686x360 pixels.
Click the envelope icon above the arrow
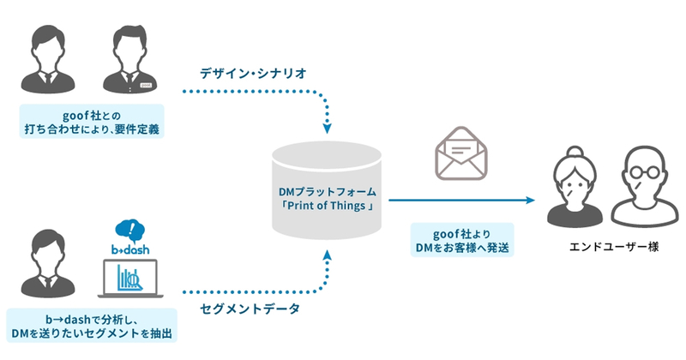point(461,153)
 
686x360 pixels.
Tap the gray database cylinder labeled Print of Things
point(327,190)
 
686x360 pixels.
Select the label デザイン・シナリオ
point(253,73)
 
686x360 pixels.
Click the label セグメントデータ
point(250,309)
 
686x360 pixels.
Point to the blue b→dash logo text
point(130,249)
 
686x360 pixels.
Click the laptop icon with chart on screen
point(130,279)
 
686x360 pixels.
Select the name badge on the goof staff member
point(146,85)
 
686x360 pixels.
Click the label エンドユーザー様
point(614,247)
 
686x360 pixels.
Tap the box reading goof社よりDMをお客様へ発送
point(462,240)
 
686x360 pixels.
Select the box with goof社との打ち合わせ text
point(92,121)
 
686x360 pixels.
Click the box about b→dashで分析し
point(92,326)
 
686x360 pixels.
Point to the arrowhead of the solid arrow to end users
point(530,201)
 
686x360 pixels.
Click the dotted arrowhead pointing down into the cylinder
point(327,129)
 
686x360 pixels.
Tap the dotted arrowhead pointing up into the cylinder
point(327,255)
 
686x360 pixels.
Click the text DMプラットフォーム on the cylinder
point(328,192)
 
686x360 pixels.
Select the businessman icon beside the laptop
point(48,264)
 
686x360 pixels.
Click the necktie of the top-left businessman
point(48,79)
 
